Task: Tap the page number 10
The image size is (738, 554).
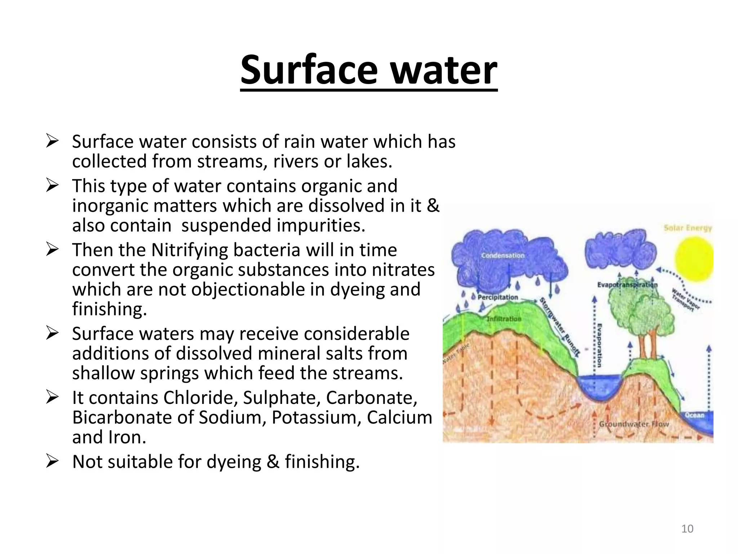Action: click(687, 529)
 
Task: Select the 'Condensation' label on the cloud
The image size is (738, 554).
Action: click(503, 256)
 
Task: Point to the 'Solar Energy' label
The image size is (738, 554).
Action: click(688, 228)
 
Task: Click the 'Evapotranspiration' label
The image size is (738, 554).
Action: click(627, 285)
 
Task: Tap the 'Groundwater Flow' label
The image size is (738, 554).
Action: click(634, 424)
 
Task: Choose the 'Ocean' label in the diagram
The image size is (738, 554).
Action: click(694, 415)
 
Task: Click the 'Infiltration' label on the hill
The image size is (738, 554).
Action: click(504, 319)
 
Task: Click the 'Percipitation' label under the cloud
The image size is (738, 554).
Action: click(498, 297)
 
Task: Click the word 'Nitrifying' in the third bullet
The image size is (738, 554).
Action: click(190, 250)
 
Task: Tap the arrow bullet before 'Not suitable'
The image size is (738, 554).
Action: click(52, 461)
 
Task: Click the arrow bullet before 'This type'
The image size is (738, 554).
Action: click(52, 186)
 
